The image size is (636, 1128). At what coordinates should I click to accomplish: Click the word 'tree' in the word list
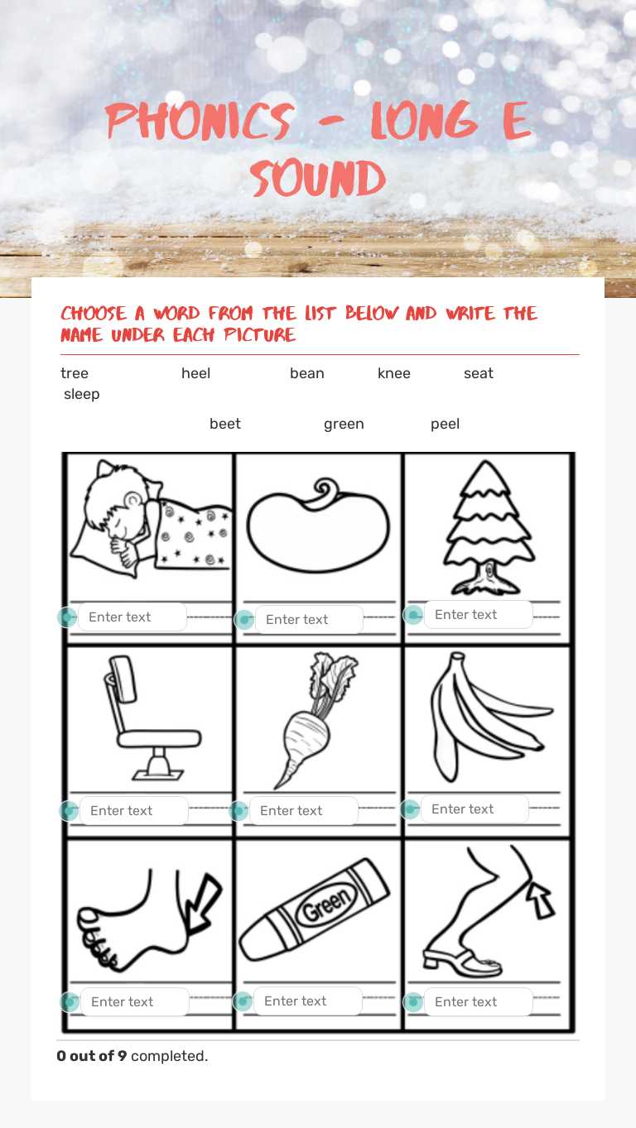[x=75, y=373]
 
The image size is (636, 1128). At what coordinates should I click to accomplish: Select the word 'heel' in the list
[x=195, y=373]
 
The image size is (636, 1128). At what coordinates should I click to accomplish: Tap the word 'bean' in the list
[x=306, y=373]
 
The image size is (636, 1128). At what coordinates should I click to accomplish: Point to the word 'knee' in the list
[x=393, y=373]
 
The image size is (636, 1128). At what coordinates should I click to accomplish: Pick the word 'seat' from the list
[x=478, y=373]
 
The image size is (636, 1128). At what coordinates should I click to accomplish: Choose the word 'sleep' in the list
[x=81, y=394]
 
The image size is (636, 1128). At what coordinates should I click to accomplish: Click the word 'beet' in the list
[x=224, y=424]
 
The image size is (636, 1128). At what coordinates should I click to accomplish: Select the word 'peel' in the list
[x=445, y=424]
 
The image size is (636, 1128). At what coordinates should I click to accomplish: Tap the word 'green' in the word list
[x=344, y=424]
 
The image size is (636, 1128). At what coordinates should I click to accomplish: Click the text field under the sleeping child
[x=132, y=617]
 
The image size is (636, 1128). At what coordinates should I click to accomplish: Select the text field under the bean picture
[x=309, y=619]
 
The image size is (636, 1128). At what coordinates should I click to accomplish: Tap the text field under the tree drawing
[x=478, y=614]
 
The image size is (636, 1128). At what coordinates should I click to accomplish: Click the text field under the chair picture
[x=133, y=810]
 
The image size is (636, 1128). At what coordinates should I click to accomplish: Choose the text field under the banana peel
[x=475, y=809]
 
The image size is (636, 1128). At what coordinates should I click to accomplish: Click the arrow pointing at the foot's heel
[x=205, y=903]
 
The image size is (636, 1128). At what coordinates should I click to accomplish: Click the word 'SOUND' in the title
[x=318, y=178]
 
